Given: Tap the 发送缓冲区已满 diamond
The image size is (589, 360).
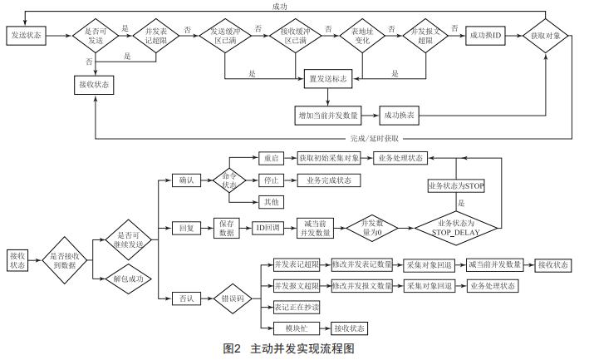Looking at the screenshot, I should [224, 37].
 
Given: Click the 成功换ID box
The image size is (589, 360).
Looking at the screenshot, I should [486, 37].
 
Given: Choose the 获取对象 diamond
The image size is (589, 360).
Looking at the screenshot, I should [546, 37].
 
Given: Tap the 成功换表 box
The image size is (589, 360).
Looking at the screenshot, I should [400, 113].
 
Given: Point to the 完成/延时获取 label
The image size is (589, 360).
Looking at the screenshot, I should [375, 138].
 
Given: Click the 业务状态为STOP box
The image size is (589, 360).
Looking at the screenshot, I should [455, 185].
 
